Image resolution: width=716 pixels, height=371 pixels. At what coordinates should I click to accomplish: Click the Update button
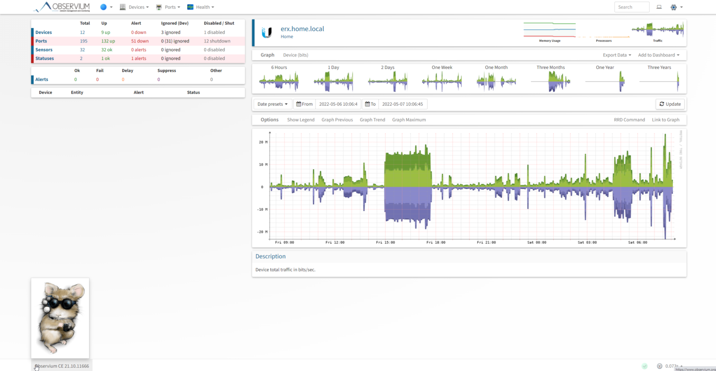coord(670,104)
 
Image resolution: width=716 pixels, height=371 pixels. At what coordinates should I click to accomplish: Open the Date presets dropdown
coord(273,104)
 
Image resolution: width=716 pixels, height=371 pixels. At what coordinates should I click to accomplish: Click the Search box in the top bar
coord(631,7)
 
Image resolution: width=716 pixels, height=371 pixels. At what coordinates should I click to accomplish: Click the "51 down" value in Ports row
coord(140,41)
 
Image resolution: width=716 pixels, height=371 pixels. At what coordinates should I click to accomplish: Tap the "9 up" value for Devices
coord(106,33)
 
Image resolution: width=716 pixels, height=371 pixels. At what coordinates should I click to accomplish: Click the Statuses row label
coord(45,59)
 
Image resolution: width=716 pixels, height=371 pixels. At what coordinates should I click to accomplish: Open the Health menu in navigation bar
coord(200,7)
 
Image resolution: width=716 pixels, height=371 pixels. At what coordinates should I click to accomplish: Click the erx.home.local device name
coord(302,29)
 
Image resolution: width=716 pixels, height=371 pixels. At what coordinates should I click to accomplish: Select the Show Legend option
coord(301,120)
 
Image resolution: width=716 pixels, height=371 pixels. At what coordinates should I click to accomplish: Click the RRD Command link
coord(629,120)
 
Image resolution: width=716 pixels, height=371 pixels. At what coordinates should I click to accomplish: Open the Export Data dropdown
coord(617,55)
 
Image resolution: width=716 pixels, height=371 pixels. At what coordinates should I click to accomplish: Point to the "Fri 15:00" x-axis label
coord(386,242)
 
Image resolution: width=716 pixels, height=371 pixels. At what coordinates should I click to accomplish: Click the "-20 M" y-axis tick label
coord(263,232)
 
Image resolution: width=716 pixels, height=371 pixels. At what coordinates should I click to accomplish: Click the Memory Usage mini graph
coord(550,30)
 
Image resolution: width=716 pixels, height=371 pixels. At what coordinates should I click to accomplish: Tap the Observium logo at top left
coord(62,7)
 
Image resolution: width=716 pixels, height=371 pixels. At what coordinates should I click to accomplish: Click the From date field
coord(338,104)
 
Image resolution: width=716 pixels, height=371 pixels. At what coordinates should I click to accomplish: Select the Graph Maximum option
coord(409,120)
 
